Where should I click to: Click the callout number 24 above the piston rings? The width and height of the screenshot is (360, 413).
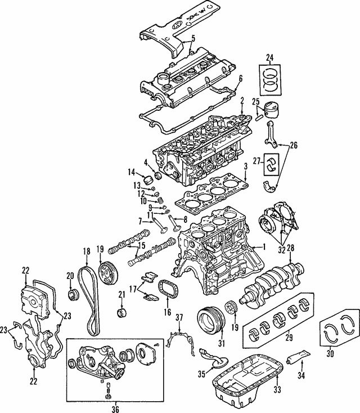pos(269,57)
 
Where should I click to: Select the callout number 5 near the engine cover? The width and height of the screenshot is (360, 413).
pos(193,38)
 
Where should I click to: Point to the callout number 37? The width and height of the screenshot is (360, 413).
pos(179,318)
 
